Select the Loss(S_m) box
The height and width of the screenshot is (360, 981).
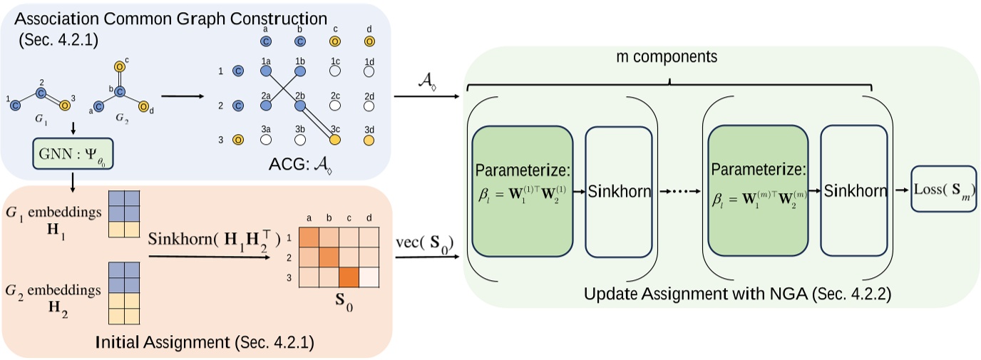click(x=943, y=190)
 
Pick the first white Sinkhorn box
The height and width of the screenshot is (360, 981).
click(x=618, y=191)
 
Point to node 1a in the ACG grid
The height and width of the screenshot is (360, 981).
click(x=267, y=72)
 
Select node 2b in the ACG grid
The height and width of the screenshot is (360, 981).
click(x=300, y=106)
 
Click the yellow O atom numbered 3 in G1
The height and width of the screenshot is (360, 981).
click(x=64, y=106)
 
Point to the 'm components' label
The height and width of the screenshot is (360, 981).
click(x=669, y=56)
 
